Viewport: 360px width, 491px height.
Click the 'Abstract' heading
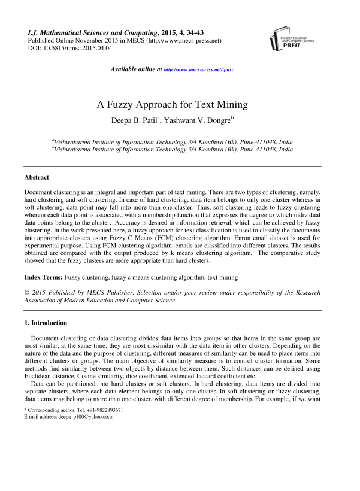(37, 177)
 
